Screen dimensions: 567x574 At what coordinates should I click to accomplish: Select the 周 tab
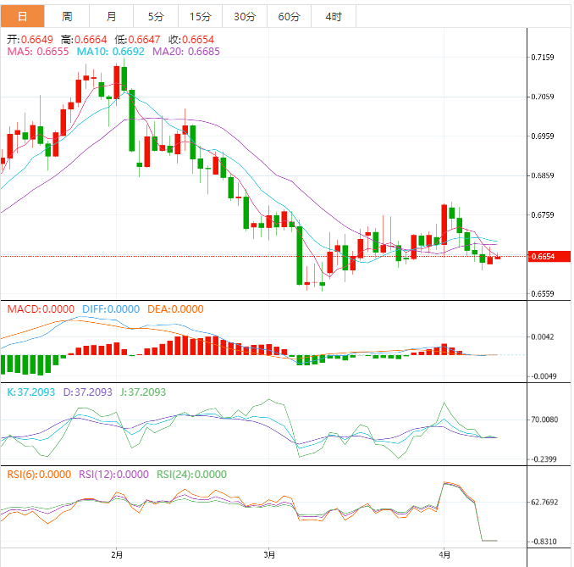(x=67, y=16)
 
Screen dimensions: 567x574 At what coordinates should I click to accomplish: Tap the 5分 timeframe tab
(x=156, y=16)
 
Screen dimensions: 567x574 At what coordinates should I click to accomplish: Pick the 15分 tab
(x=200, y=16)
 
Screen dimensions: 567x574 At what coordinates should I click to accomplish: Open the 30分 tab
(x=244, y=16)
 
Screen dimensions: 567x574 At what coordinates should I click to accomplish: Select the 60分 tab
(x=289, y=16)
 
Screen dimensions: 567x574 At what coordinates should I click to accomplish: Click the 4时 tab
(x=334, y=16)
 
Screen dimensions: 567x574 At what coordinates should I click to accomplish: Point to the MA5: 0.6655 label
(x=38, y=52)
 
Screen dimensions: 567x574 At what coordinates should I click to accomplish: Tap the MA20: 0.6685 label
(x=186, y=52)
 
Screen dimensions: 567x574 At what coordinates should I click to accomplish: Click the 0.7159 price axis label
(x=542, y=58)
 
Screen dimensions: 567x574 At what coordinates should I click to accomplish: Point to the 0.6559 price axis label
(x=542, y=294)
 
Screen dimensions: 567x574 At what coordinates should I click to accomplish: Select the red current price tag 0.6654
(x=543, y=256)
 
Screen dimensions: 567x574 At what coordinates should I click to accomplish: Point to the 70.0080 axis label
(x=544, y=419)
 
